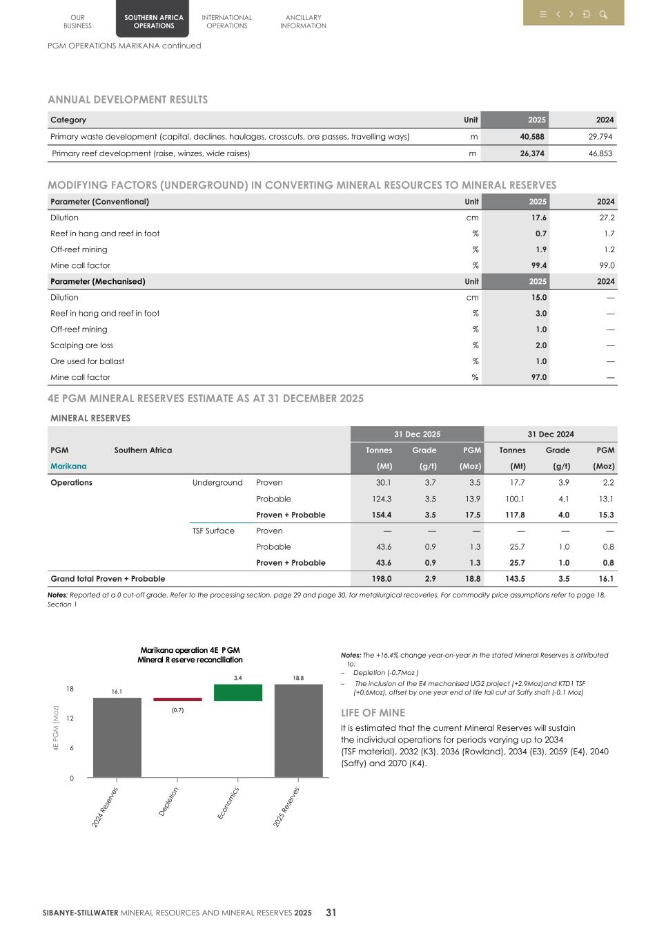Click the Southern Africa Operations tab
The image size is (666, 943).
click(153, 21)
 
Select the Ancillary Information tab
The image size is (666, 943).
click(303, 21)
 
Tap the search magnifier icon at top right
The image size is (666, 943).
click(603, 15)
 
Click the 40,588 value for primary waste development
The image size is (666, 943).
click(531, 137)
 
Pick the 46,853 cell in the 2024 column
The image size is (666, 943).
click(600, 153)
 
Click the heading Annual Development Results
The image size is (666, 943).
click(128, 99)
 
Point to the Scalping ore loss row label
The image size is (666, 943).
click(81, 345)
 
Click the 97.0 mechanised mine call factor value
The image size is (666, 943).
click(538, 377)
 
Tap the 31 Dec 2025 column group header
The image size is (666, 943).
click(417, 434)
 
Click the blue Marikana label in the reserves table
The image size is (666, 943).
click(68, 466)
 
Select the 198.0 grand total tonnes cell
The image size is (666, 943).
click(381, 579)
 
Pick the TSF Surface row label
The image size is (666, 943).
click(213, 531)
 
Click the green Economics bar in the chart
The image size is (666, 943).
click(237, 692)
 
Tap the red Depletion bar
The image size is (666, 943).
click(177, 699)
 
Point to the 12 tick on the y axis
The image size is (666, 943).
click(70, 718)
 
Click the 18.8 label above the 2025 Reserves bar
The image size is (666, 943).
click(298, 678)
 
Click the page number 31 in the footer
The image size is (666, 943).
click(331, 912)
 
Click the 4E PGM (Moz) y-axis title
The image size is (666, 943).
click(56, 728)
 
